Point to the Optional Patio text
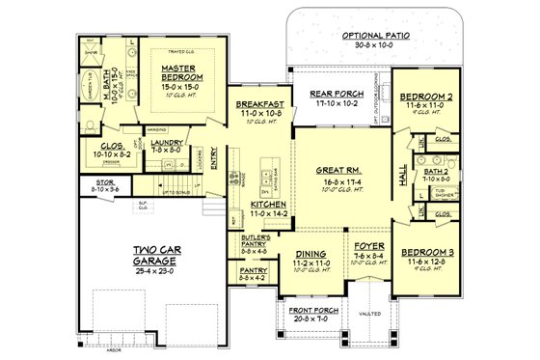376,35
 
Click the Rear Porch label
334,94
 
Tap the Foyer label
367,246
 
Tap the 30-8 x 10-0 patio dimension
376,44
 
